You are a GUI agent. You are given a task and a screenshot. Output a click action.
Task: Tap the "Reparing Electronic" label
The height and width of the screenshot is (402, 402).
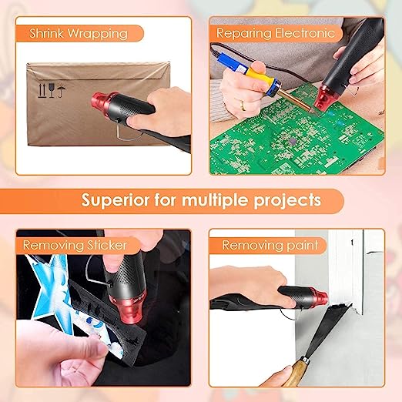pyautogui.click(x=275, y=34)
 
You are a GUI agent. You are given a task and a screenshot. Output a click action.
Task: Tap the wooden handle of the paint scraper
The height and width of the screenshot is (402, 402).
pyautogui.click(x=296, y=374)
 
